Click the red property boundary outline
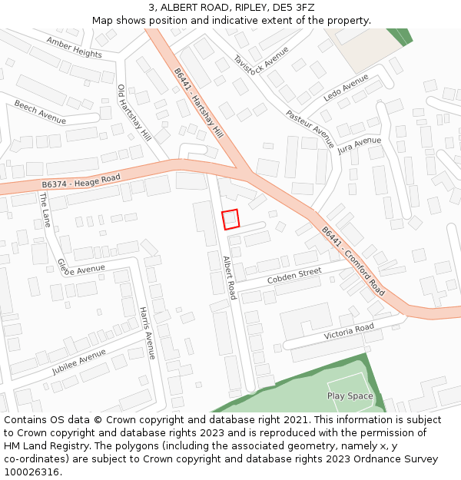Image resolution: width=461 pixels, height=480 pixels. click(230, 220)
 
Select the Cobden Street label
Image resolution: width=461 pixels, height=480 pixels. click(294, 276)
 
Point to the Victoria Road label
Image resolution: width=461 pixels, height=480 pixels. click(349, 332)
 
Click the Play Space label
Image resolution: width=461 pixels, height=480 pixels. click(350, 396)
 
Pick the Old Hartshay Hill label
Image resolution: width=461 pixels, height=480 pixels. click(134, 112)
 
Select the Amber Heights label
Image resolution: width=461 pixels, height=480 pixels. click(74, 48)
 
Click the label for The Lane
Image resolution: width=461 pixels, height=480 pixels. click(45, 210)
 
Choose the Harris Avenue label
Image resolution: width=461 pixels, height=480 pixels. click(147, 333)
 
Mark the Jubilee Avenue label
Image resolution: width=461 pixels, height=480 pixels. click(79, 362)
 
